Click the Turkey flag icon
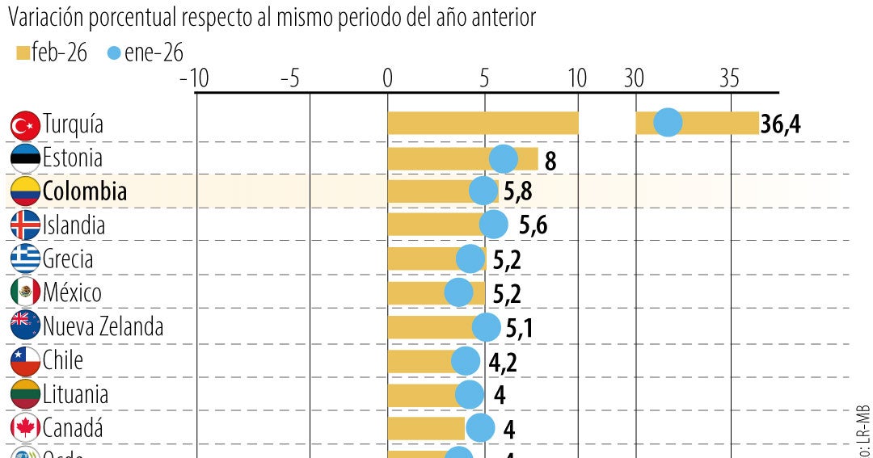tap(25, 124)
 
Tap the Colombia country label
tap(84, 191)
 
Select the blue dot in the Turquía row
tap(668, 123)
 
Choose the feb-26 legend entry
tap(53, 53)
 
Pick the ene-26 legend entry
tap(145, 53)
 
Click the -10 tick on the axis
tap(194, 78)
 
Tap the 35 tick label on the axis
tap(730, 78)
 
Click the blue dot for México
tap(458, 292)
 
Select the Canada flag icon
tap(25, 427)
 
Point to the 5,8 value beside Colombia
tap(517, 192)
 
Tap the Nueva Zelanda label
tap(103, 326)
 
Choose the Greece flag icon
tap(25, 258)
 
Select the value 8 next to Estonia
tap(550, 160)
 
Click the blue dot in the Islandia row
tap(493, 225)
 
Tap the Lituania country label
tap(75, 394)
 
